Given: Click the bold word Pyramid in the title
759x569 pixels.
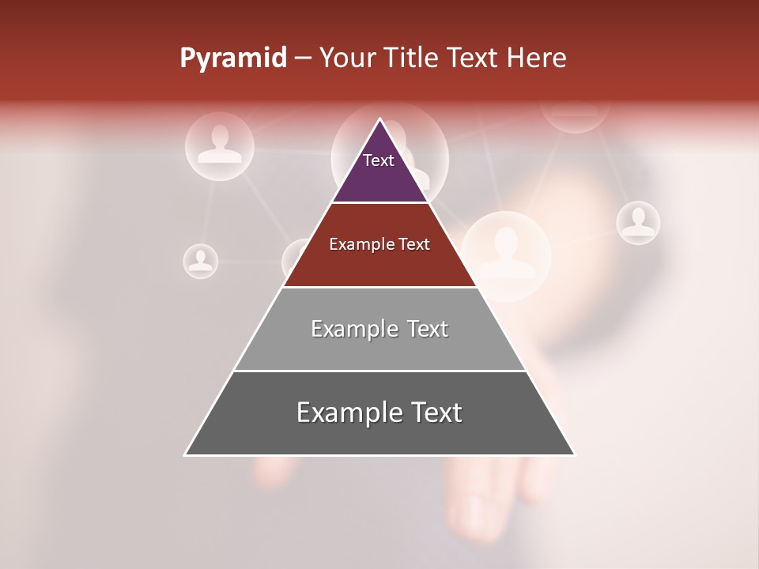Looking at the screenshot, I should pos(233,58).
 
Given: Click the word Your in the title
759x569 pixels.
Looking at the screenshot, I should pos(346,58).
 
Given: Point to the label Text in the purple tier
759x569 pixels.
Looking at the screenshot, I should pos(379,160).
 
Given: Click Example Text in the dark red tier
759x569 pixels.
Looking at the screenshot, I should pos(379,244).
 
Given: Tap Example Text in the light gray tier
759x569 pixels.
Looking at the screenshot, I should pos(379,329).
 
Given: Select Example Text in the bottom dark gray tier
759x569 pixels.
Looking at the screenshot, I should pos(379,413).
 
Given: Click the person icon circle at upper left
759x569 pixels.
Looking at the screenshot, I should pos(220,145).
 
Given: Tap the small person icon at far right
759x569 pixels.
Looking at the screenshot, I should pos(638,222).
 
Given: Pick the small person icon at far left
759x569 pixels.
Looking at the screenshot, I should pos(201,260).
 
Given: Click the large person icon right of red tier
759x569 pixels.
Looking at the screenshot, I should pos(506,245).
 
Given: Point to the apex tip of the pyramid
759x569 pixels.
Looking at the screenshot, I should pos(379,120).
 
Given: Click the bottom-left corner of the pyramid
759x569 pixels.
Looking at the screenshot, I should pos(186,454).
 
